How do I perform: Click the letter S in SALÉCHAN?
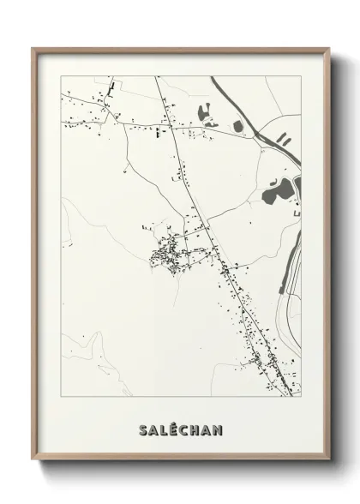[x=141, y=429]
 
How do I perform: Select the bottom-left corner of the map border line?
[x=62, y=397]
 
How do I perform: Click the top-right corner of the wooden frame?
[x=328, y=48]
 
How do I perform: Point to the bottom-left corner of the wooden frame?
[x=33, y=460]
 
